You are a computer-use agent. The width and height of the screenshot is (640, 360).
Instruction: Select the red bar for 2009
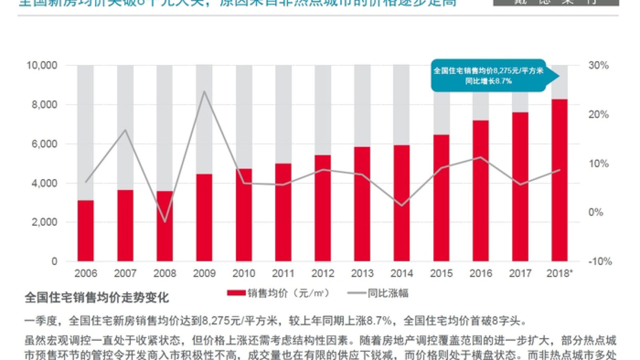click(204, 218)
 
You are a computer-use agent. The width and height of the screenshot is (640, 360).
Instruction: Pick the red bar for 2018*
click(560, 180)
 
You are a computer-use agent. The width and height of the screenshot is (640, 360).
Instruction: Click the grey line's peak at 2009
click(204, 91)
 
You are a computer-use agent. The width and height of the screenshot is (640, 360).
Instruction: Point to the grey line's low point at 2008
click(164, 222)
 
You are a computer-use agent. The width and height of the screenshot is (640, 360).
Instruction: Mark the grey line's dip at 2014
click(402, 206)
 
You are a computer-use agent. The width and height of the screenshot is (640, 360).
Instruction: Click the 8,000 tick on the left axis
click(44, 104)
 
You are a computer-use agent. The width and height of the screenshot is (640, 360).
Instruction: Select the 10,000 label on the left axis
click(42, 65)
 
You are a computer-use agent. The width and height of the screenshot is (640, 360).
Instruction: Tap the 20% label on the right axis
click(598, 114)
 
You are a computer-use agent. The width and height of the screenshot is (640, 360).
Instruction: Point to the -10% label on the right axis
click(600, 262)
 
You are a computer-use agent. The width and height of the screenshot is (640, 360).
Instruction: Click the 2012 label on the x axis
click(323, 274)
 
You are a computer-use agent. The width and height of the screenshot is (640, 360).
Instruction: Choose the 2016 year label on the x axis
click(480, 274)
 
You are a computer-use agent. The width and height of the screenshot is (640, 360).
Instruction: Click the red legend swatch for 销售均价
click(236, 293)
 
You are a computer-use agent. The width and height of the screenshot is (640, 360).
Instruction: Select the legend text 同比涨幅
click(388, 293)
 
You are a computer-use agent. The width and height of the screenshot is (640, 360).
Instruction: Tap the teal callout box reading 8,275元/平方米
click(488, 76)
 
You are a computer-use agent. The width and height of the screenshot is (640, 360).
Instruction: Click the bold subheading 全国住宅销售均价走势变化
click(97, 298)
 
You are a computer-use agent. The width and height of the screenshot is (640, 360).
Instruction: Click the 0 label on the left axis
click(54, 262)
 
